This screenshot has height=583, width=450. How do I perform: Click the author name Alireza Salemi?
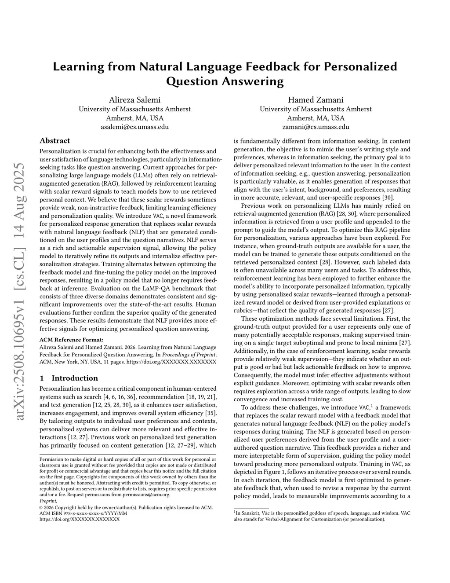134,100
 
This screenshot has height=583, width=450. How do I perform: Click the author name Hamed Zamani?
316,100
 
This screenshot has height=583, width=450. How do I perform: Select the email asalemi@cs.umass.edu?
134,127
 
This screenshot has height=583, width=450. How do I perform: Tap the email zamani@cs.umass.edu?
316,127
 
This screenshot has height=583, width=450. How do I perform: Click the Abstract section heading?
54,141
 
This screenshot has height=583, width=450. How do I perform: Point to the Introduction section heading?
74,378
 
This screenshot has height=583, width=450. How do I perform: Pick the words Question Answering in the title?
225,81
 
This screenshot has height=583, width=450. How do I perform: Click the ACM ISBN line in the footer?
83,513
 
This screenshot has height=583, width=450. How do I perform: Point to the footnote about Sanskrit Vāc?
322,516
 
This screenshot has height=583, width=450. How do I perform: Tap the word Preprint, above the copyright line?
48,501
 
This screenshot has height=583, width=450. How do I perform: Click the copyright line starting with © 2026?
126,507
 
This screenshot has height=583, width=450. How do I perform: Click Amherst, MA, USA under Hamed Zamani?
316,118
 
